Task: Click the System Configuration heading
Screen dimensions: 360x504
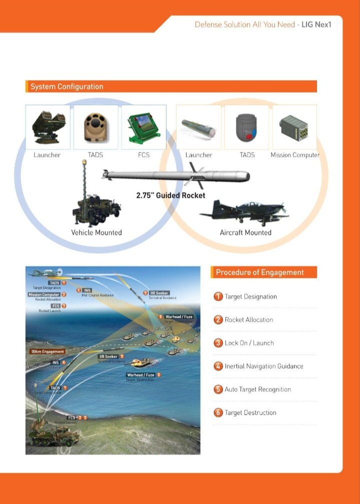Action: click(x=67, y=86)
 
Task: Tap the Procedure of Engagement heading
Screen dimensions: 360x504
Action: click(x=259, y=272)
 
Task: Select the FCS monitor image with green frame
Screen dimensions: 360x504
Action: click(x=143, y=127)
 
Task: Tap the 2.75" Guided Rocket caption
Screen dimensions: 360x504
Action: click(x=170, y=195)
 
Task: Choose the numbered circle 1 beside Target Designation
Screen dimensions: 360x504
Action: click(x=218, y=297)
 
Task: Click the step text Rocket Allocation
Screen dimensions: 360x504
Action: click(x=248, y=320)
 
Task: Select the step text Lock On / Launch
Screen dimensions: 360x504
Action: click(x=249, y=343)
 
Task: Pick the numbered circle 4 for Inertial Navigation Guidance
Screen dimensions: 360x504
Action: click(x=218, y=366)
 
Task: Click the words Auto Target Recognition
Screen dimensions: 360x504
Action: click(x=257, y=390)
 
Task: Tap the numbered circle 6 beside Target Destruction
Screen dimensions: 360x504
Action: click(x=218, y=413)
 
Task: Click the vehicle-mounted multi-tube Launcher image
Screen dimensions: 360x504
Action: click(x=47, y=127)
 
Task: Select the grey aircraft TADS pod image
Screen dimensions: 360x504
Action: click(x=246, y=127)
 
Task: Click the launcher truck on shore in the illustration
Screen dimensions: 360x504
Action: click(x=50, y=434)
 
